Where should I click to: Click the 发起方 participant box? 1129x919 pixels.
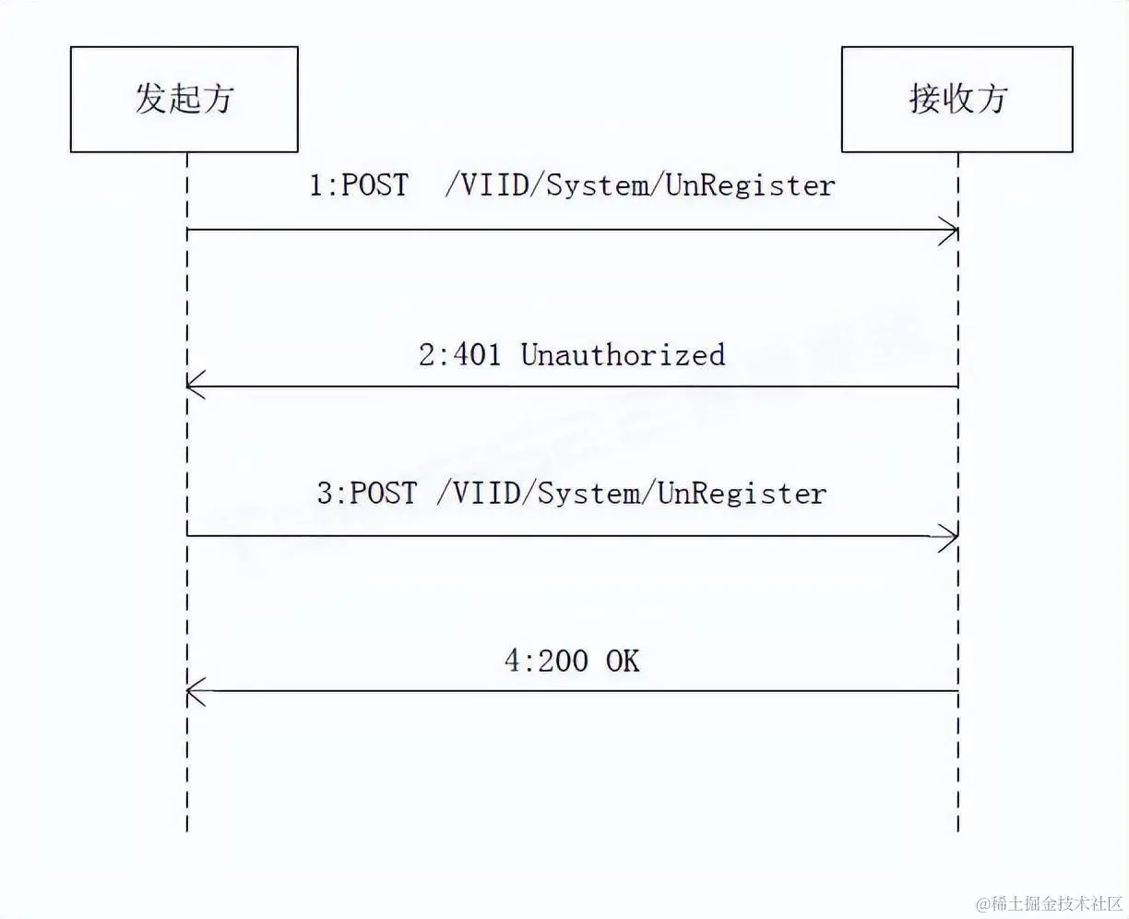click(x=184, y=99)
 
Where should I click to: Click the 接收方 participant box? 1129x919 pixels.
click(x=957, y=99)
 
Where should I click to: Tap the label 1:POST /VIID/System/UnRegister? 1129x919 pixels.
click(x=572, y=185)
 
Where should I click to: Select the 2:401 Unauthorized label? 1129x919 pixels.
click(x=572, y=354)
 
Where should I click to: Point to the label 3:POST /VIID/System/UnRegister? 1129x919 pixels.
click(x=572, y=493)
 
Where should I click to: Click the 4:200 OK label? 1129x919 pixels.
click(x=572, y=661)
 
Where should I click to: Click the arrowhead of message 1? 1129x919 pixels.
click(x=950, y=231)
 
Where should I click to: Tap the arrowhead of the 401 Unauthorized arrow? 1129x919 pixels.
click(x=194, y=386)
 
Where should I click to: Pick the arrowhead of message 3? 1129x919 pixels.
click(x=950, y=536)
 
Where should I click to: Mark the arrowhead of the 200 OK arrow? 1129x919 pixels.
click(x=194, y=690)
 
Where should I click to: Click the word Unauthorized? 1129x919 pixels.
click(x=624, y=354)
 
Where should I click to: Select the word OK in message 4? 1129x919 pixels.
click(x=623, y=661)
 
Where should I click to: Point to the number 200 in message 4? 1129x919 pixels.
click(x=562, y=661)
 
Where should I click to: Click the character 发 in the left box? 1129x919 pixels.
click(x=151, y=99)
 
